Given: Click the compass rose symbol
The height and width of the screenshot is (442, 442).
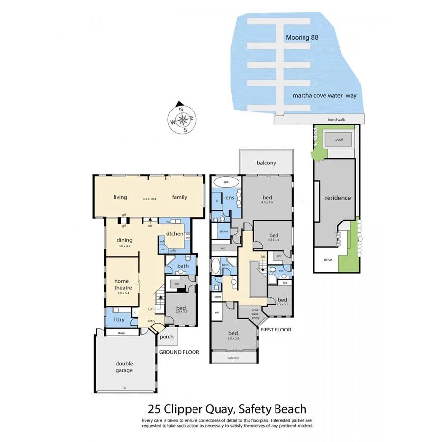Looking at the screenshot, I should pyautogui.click(x=182, y=118).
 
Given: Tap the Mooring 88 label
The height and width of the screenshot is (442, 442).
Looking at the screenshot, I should pyautogui.click(x=306, y=37).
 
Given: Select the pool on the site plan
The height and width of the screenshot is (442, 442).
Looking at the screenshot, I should pyautogui.click(x=339, y=139).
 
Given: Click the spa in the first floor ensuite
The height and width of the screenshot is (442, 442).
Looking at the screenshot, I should pyautogui.click(x=226, y=182).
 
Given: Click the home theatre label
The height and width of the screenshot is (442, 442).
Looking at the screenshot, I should pyautogui.click(x=122, y=284).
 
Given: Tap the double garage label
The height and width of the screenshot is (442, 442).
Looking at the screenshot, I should pyautogui.click(x=124, y=367).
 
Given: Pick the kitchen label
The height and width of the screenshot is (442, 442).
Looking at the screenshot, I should pyautogui.click(x=174, y=233).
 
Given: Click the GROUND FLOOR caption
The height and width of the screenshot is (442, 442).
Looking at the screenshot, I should pyautogui.click(x=179, y=352).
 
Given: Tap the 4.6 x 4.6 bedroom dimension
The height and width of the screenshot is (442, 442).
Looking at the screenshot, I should pyautogui.click(x=274, y=202).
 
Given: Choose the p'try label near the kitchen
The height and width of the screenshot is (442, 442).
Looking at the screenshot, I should pyautogui.click(x=163, y=250).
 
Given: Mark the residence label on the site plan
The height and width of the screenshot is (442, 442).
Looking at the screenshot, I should pyautogui.click(x=338, y=198).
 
